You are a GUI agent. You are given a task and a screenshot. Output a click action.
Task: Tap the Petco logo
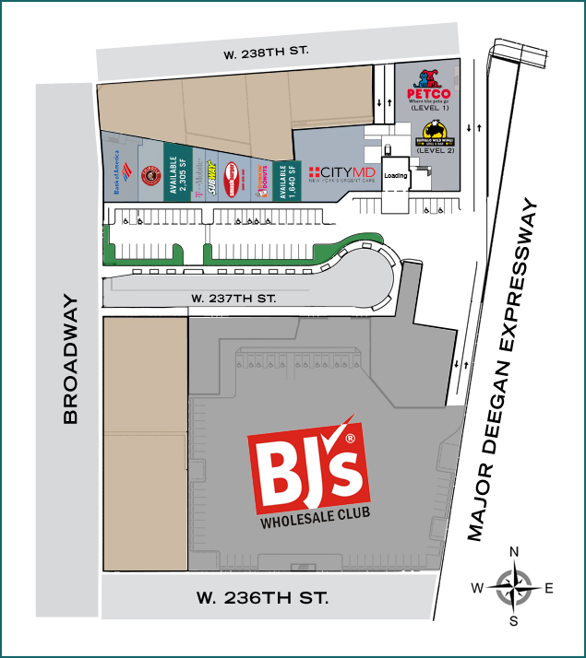pyautogui.click(x=428, y=87)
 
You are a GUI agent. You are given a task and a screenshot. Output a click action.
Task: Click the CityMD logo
pyautogui.click(x=343, y=173)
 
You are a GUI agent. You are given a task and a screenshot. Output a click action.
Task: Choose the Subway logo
pyautogui.click(x=210, y=171)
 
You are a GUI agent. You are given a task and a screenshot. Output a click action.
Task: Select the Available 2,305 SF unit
pyautogui.click(x=177, y=172)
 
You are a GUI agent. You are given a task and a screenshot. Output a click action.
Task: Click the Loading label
pyautogui.click(x=396, y=175)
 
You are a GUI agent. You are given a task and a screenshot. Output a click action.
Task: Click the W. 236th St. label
pyautogui.click(x=262, y=597)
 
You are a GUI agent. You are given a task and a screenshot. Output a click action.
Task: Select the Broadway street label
pyautogui.click(x=70, y=360)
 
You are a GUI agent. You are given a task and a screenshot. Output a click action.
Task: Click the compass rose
pyautogui.click(x=513, y=586)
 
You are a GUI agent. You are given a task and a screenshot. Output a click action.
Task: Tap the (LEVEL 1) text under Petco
pyautogui.click(x=427, y=109)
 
